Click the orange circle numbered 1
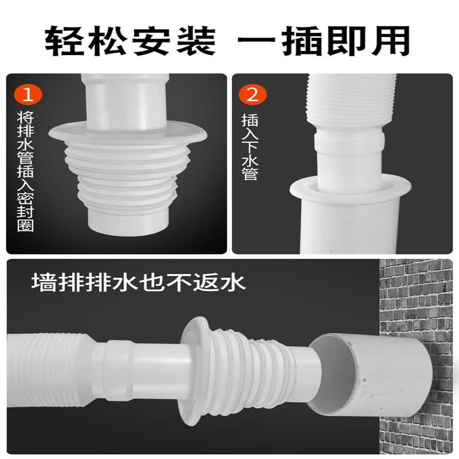(x=28, y=94)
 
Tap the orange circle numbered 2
(x=252, y=94)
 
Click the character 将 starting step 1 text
(x=25, y=118)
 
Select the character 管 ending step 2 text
(x=250, y=173)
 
